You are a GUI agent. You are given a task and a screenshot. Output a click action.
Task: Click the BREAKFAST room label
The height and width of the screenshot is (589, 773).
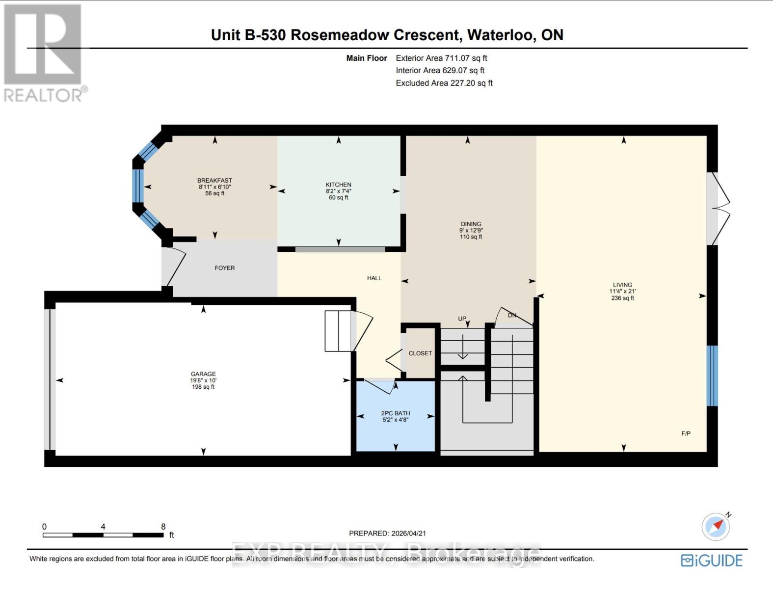pos(214,181)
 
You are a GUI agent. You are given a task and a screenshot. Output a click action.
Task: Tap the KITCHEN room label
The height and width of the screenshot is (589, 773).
pos(338,185)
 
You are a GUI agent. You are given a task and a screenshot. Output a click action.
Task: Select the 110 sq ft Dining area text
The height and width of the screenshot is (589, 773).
pos(471,237)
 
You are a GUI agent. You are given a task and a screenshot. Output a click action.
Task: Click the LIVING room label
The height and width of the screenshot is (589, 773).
pos(622,285)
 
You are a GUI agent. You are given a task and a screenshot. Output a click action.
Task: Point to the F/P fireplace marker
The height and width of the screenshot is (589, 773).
pos(686,433)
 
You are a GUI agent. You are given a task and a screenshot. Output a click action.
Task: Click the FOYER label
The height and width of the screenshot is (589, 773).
pos(225,268)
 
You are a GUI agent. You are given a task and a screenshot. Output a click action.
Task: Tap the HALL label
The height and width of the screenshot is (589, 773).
pos(374,278)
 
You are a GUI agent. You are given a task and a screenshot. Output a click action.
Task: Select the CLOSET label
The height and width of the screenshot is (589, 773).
pos(420,353)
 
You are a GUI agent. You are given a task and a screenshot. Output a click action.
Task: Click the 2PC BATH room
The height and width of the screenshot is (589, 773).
pos(395,416)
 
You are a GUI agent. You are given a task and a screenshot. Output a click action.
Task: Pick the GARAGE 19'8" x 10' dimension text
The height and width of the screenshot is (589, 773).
pos(203,380)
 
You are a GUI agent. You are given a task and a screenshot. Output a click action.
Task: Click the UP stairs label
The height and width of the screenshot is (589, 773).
pos(462,319)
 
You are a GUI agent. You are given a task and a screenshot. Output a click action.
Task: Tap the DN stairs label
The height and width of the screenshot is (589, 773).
pos(512,315)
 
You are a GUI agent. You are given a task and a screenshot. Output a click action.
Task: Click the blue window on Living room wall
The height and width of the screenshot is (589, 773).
pos(712,375)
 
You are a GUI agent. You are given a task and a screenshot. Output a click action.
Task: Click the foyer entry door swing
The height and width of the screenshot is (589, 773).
pos(174,267)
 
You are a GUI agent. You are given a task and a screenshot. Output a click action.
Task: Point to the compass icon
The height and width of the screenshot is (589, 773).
pos(716,527)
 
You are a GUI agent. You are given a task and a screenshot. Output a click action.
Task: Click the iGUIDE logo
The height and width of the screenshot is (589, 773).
pos(712,560)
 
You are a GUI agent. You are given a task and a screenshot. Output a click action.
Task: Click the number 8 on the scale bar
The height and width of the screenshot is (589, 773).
pos(163,526)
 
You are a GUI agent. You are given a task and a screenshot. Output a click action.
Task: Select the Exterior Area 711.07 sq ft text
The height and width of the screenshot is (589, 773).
pos(441,58)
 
